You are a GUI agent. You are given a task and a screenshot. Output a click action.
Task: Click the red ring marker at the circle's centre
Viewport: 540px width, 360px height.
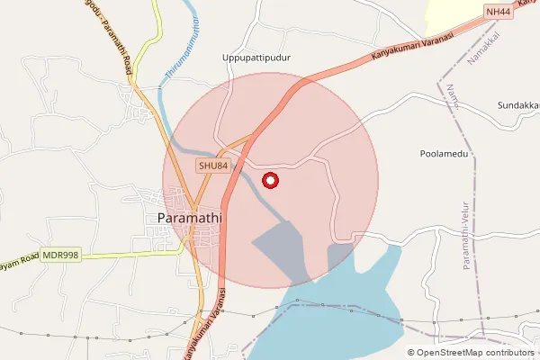tap(270, 180)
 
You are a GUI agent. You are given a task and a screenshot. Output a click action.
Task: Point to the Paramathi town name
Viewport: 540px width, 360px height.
tap(190, 218)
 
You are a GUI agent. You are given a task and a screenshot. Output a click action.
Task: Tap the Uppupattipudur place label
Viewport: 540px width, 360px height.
tap(261, 58)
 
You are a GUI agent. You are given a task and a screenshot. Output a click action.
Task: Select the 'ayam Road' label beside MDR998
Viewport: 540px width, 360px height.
tap(20, 257)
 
